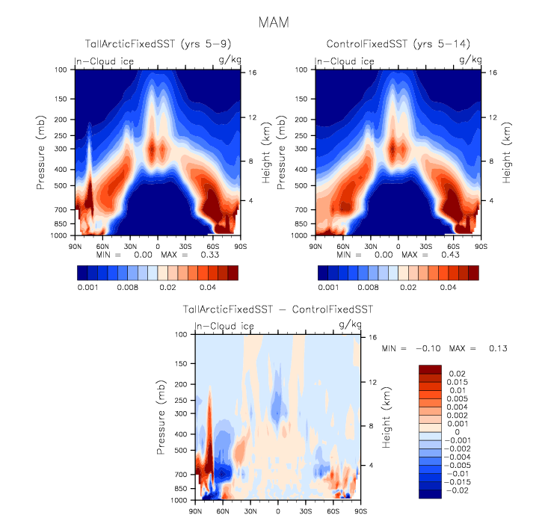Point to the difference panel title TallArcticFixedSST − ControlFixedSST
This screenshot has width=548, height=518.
coord(278,309)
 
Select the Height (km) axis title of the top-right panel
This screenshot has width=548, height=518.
coord(507,152)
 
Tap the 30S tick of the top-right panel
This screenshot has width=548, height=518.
coord(426,245)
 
